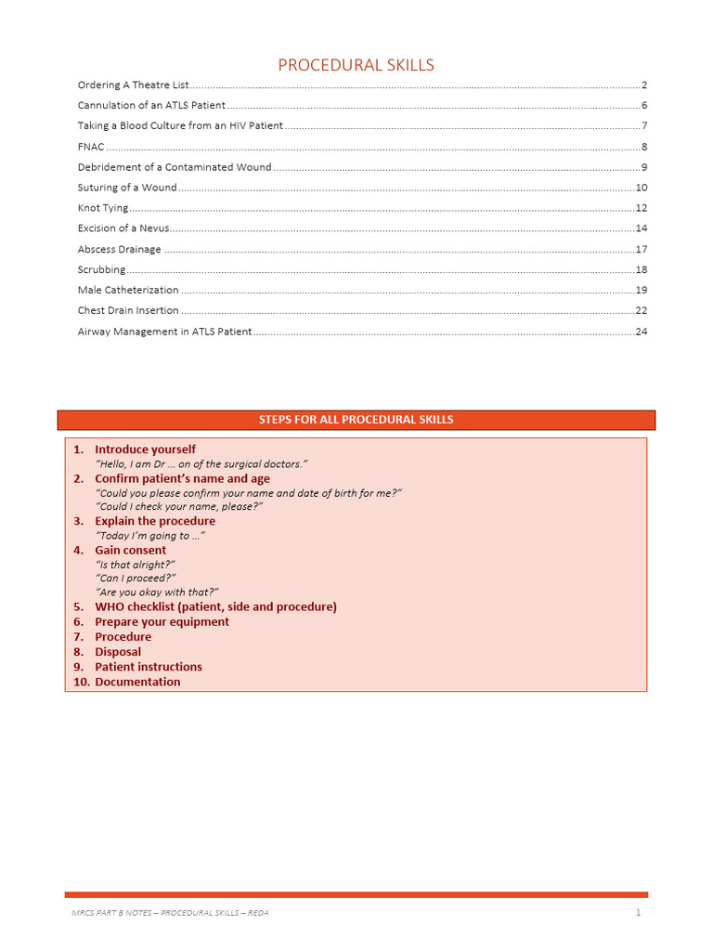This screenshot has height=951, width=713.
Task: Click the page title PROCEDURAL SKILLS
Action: pos(356,65)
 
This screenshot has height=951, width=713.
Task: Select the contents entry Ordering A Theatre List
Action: pos(134,85)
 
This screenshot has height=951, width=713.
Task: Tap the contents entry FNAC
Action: pos(91,147)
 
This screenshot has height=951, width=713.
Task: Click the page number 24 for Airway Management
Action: pos(641,331)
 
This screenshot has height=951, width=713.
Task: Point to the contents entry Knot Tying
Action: pos(103,208)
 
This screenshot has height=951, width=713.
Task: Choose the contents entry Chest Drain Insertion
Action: pos(128,310)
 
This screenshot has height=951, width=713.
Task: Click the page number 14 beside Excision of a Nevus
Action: pos(641,228)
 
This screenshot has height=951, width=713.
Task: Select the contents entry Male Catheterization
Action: pos(128,290)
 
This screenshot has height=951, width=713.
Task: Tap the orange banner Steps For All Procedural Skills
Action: pos(356,420)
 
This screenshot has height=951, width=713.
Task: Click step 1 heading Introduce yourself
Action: pos(145,449)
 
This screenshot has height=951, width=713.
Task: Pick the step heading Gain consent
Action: pos(130,550)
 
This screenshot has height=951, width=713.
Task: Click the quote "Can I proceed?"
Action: pos(136,578)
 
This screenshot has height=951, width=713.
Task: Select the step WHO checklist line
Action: pos(215,606)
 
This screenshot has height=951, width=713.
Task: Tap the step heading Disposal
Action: pos(118,652)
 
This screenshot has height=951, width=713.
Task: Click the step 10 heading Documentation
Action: pos(137,682)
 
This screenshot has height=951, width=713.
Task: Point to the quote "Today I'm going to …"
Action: pos(150,536)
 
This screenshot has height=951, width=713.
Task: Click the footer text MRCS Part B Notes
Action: pos(170,913)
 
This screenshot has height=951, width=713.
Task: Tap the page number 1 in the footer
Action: pos(639,913)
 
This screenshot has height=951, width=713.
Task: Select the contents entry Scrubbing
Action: pos(101,269)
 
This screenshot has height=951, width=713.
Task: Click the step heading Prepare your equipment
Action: pos(162,621)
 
